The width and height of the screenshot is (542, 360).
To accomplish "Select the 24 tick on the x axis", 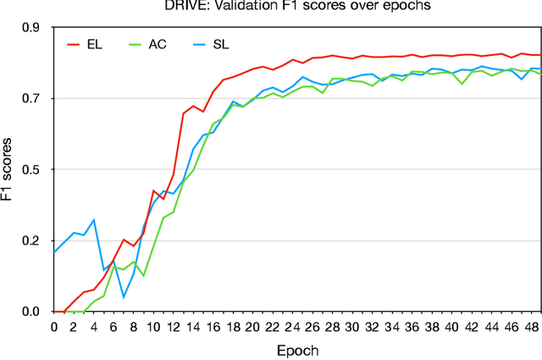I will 292,326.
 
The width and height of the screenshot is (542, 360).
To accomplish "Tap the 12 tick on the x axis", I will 173,326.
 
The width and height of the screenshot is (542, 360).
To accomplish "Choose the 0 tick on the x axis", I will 54,326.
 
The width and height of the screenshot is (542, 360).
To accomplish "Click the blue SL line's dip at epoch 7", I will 124,297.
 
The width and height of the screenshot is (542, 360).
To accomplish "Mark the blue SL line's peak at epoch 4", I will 94,219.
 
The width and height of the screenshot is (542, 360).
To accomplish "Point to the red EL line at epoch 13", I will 183,114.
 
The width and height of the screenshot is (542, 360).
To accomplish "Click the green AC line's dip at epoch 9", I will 143,276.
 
